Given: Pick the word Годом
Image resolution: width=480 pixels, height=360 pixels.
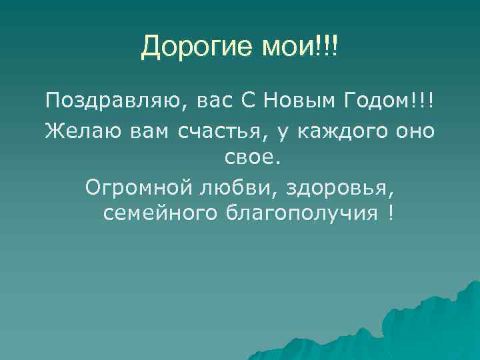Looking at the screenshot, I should pyautogui.click(x=377, y=102).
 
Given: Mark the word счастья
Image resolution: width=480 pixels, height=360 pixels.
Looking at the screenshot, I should pyautogui.click(x=218, y=132).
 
